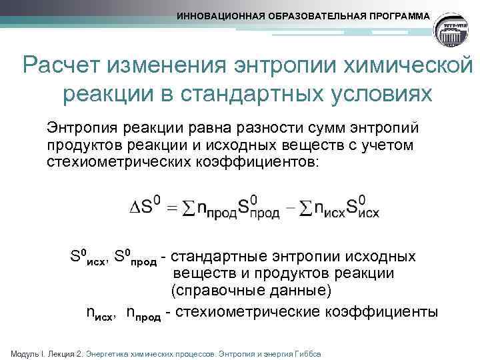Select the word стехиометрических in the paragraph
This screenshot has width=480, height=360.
click(115, 161)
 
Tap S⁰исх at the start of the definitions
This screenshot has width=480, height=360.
click(87, 256)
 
